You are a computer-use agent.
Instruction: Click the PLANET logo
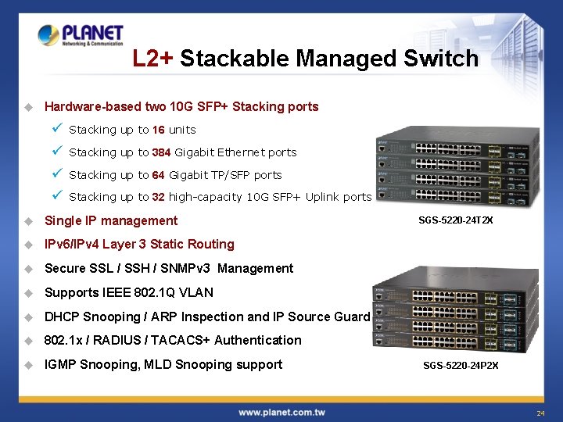coord(81,35)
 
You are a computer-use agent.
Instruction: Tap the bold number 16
coord(159,130)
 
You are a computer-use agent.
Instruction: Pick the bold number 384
coord(162,152)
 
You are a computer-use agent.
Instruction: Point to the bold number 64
coord(159,175)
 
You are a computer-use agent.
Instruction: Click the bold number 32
coord(159,197)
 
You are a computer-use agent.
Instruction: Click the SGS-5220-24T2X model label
coord(457,221)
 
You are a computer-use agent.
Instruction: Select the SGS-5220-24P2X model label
coord(461,365)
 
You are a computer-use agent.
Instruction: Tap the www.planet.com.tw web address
coord(281,412)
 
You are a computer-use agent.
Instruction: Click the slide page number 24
coord(540,413)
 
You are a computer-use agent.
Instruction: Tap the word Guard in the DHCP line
coord(352,316)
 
